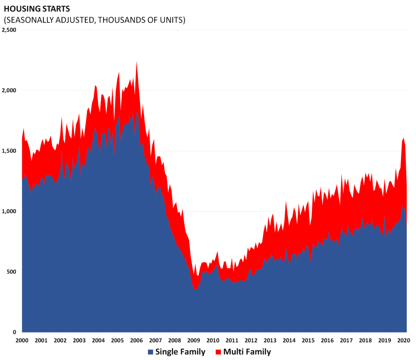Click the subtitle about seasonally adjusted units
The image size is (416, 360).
click(94, 20)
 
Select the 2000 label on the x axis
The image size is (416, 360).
click(22, 341)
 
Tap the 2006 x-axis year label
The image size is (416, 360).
click(136, 341)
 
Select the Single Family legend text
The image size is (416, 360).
click(180, 351)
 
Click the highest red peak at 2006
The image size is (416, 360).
click(136, 62)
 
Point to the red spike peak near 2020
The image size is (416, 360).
click(403, 139)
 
